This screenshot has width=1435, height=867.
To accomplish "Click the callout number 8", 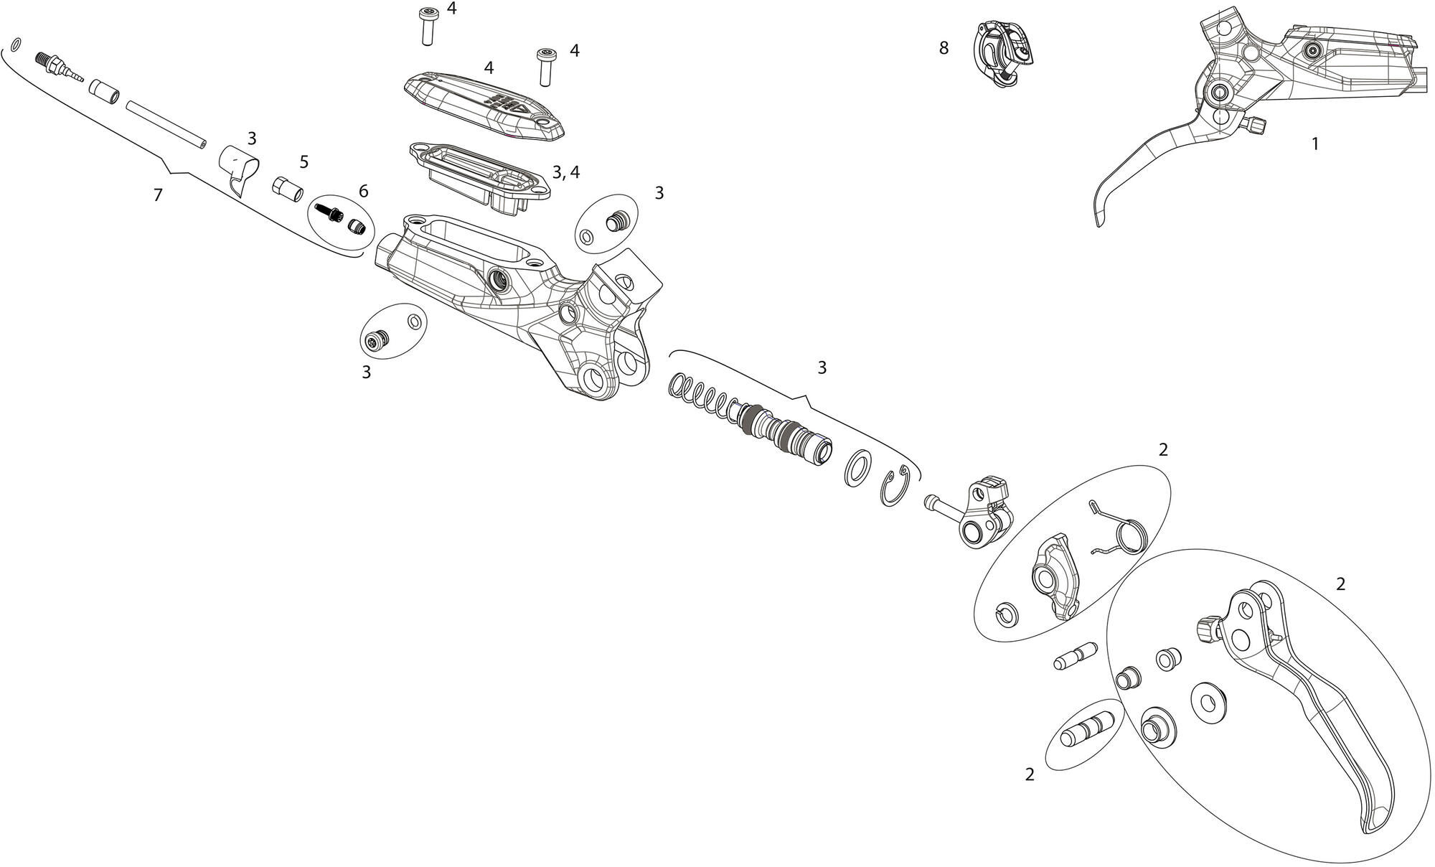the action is tap(944, 48).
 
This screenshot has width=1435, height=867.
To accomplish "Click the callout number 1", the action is tap(1315, 144).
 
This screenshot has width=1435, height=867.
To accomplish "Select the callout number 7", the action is tap(158, 195).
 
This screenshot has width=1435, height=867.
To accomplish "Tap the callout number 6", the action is tap(363, 191).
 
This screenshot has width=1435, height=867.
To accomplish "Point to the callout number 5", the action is tap(304, 161).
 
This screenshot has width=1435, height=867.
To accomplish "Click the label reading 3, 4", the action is tap(566, 172).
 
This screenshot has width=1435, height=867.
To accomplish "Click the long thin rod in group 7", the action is tap(166, 125).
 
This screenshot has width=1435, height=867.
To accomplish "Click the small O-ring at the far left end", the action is tap(16, 44).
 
